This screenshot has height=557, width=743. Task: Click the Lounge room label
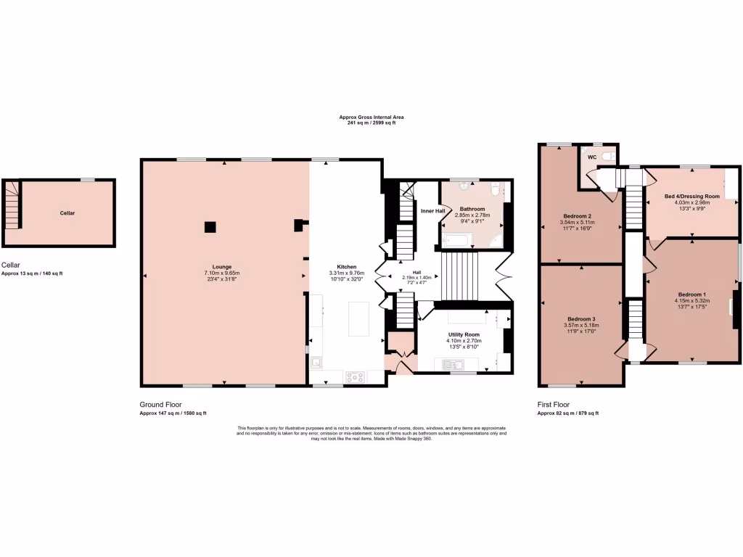click(222, 266)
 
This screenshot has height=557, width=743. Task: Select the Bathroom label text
click(472, 209)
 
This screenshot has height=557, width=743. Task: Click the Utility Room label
click(464, 334)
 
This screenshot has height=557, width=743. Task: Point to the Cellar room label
click(67, 213)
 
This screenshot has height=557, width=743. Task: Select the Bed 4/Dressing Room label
click(691, 196)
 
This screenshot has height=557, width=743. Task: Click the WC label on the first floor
click(591, 157)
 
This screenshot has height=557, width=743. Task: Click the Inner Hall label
click(432, 211)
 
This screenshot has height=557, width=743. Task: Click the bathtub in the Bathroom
click(459, 240)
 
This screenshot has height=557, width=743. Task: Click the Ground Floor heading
click(160, 405)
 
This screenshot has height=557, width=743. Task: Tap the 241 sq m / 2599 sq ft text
click(371, 123)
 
